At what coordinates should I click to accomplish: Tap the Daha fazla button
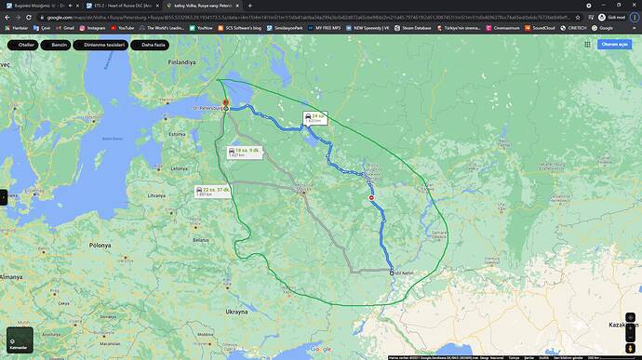click(154, 45)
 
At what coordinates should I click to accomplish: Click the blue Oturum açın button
click(614, 44)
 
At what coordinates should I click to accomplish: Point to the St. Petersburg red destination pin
click(224, 103)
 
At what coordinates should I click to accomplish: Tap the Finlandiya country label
click(183, 62)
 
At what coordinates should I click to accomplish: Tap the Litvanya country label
click(154, 196)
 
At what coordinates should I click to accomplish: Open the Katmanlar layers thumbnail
click(20, 340)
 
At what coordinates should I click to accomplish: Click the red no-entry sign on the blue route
click(371, 198)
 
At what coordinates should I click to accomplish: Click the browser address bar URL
click(279, 17)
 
